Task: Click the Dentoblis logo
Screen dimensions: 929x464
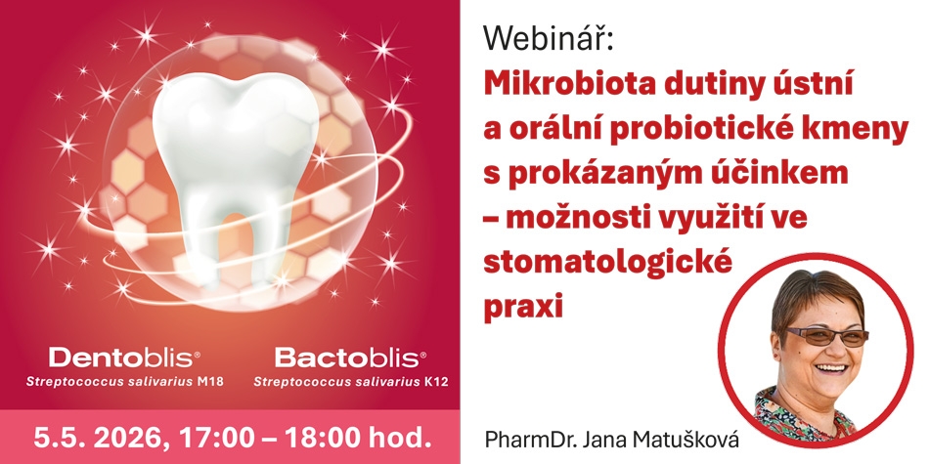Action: pos(124,358)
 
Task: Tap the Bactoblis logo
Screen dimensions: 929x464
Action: pos(350,358)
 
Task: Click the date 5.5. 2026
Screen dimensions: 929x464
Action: pos(96,438)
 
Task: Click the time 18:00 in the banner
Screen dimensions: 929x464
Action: pos(321,438)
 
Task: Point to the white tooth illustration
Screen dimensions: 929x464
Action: pos(235,173)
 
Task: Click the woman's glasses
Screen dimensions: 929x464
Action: pos(827,336)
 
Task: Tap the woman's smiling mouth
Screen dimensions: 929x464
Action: pos(830,367)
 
